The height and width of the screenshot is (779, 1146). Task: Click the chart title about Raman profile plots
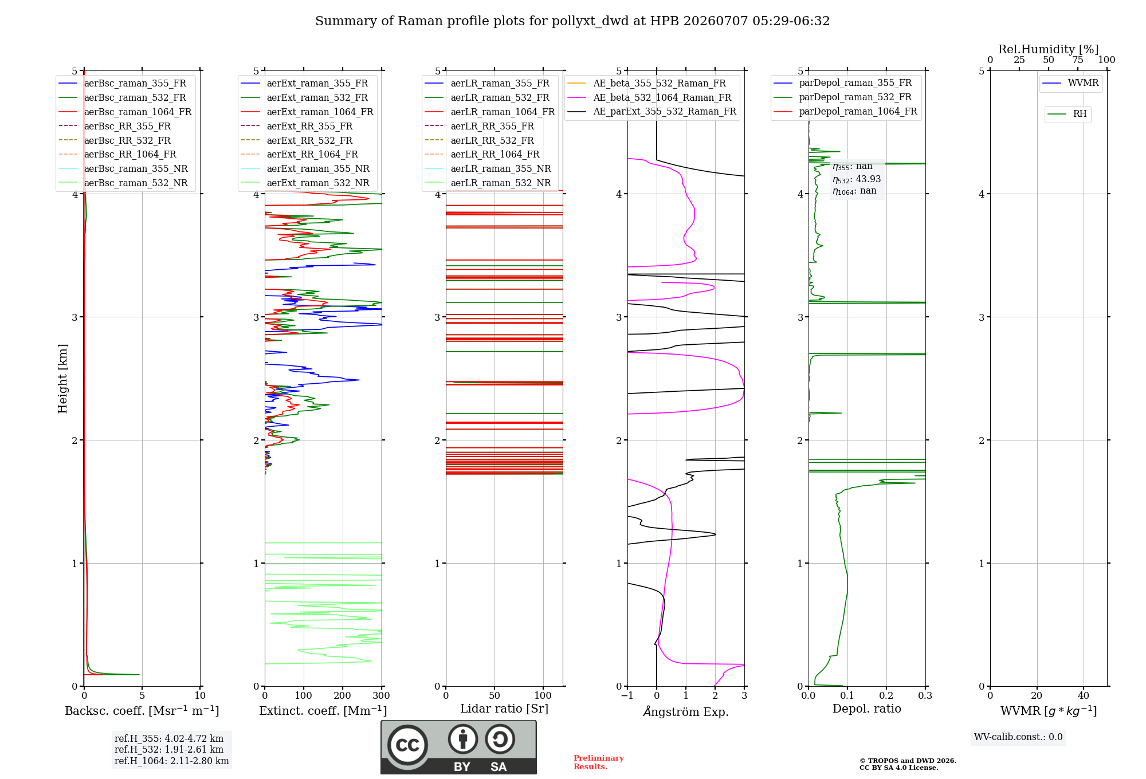(x=572, y=21)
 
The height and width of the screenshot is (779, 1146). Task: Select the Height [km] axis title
(x=62, y=379)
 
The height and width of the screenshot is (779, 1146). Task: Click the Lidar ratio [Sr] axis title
(x=504, y=709)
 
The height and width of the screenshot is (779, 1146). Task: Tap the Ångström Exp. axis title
(x=686, y=711)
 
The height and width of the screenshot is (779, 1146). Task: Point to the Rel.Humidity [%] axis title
(x=1049, y=49)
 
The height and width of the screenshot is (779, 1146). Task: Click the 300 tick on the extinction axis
(x=382, y=695)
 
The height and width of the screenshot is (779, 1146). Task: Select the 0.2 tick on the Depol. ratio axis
(x=886, y=695)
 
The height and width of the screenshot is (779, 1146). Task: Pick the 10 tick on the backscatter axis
(x=200, y=695)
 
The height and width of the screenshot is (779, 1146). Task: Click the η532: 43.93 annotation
(x=857, y=179)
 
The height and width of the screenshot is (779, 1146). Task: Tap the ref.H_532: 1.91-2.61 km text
(x=169, y=749)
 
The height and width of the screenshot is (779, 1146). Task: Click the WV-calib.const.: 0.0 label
(x=1018, y=737)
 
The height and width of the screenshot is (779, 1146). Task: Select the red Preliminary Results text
(x=599, y=762)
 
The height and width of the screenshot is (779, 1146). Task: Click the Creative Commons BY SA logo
(x=458, y=747)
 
